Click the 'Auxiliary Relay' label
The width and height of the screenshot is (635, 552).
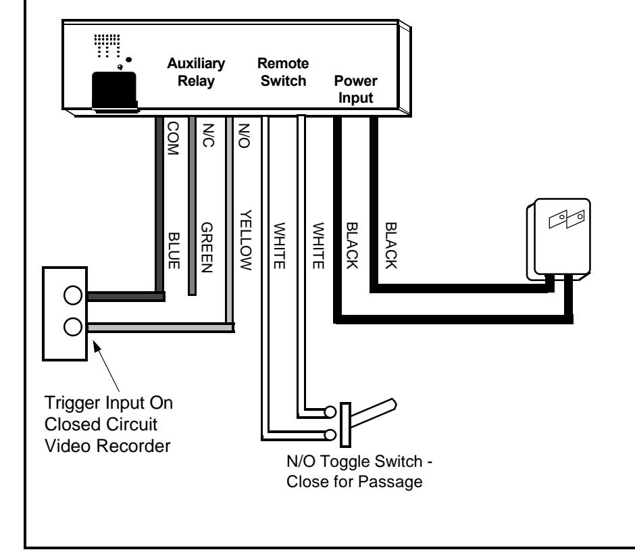pyautogui.click(x=196, y=72)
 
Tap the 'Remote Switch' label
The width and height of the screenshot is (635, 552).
pyautogui.click(x=283, y=72)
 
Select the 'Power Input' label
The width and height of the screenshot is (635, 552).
pyautogui.click(x=355, y=89)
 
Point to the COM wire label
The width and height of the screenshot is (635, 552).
pyautogui.click(x=173, y=138)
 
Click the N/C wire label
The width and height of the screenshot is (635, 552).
pyautogui.click(x=208, y=135)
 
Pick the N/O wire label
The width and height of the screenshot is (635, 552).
pyautogui.click(x=244, y=136)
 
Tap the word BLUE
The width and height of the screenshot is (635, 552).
pyautogui.click(x=174, y=251)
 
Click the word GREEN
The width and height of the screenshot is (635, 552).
pyautogui.click(x=207, y=247)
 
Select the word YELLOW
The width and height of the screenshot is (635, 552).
pyautogui.click(x=246, y=240)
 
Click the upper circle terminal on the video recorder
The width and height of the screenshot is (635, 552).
pyautogui.click(x=73, y=295)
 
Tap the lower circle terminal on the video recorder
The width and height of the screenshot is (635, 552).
pyautogui.click(x=73, y=327)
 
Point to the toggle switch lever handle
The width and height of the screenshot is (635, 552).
pyautogui.click(x=373, y=412)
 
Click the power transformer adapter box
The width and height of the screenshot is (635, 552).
pyautogui.click(x=559, y=239)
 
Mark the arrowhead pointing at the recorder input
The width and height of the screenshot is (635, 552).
pyautogui.click(x=97, y=347)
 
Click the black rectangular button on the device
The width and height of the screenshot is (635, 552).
pyautogui.click(x=114, y=91)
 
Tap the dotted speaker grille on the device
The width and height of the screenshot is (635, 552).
pyautogui.click(x=107, y=45)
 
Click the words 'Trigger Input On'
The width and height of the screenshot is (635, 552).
pyautogui.click(x=109, y=403)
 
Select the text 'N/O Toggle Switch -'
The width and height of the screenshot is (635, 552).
pyautogui.click(x=359, y=461)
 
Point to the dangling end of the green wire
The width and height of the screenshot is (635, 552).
pyautogui.click(x=193, y=294)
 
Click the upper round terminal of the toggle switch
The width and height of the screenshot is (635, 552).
pyautogui.click(x=330, y=412)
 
